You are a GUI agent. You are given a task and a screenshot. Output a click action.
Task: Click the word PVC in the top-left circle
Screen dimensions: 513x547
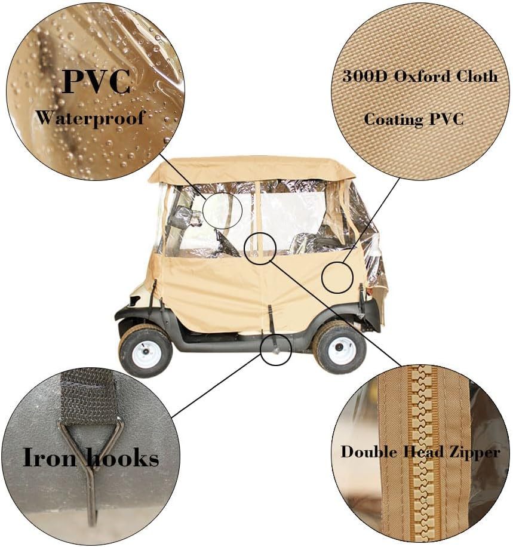pos(96,82)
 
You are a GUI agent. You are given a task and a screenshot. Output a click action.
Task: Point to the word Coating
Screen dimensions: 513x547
pos(394,120)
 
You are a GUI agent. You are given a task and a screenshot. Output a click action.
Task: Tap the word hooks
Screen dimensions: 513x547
pos(122,457)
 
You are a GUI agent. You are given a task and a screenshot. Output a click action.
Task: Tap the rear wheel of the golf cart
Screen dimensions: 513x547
pos(340,346)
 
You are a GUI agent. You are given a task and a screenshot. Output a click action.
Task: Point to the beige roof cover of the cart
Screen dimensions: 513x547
pos(250,169)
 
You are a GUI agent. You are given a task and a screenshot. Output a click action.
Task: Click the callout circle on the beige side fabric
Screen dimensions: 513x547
pos(337,277)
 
